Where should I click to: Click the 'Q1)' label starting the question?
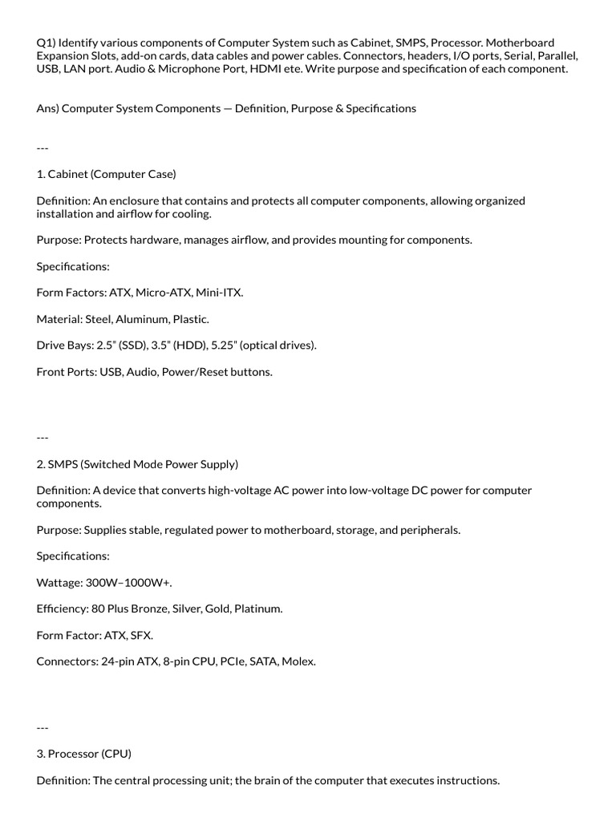[46, 42]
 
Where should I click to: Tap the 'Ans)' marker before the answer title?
[47, 108]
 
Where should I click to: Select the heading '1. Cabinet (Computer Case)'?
[106, 174]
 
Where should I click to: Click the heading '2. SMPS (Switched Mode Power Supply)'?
[137, 464]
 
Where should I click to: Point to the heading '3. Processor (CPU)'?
[83, 754]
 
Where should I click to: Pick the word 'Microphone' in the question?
[207, 69]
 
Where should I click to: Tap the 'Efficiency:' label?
[63, 609]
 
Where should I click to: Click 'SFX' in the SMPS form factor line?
[141, 636]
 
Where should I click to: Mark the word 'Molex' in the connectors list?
[298, 662]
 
